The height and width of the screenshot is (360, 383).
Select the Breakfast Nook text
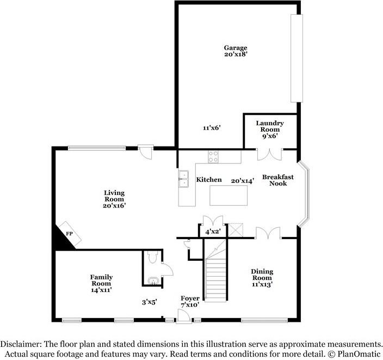pos(277,180)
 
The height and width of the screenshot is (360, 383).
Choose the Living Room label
pos(115,199)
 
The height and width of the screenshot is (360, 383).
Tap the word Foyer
pos(190,298)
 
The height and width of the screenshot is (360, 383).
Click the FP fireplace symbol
pos(69,234)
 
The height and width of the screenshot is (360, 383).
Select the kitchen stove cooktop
pos(213,157)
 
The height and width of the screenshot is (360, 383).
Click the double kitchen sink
pos(183,180)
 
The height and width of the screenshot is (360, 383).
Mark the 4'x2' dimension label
pos(212,232)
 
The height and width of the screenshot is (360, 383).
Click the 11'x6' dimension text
pos(211,128)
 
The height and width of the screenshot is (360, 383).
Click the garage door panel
pos(296,58)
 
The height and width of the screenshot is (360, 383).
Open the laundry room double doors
pos(270,155)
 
